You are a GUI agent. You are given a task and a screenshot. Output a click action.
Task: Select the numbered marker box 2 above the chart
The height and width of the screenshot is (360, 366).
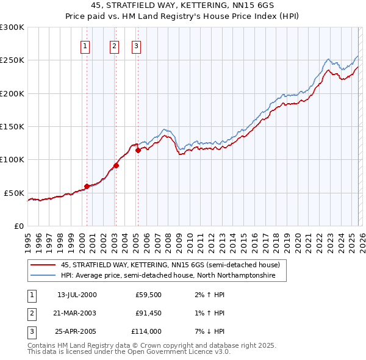coord(114,46)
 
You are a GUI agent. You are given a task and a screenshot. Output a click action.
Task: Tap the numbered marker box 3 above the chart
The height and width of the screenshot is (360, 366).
coord(136,46)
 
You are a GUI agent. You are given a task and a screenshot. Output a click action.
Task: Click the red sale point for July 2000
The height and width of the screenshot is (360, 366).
coord(87,186)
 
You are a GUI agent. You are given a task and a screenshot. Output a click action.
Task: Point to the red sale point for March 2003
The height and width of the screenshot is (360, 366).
coord(116,165)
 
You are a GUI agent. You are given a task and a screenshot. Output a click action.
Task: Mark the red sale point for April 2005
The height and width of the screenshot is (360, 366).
coord(138,150)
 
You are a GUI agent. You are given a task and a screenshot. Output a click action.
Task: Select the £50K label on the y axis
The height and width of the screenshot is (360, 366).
coord(15,193)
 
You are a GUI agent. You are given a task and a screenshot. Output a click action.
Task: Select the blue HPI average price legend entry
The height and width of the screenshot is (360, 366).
coord(168,276)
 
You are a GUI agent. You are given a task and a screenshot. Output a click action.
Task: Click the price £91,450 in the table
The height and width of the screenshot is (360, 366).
coord(148,313)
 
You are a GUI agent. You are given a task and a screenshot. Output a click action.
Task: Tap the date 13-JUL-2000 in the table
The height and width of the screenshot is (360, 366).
coord(77,295)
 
